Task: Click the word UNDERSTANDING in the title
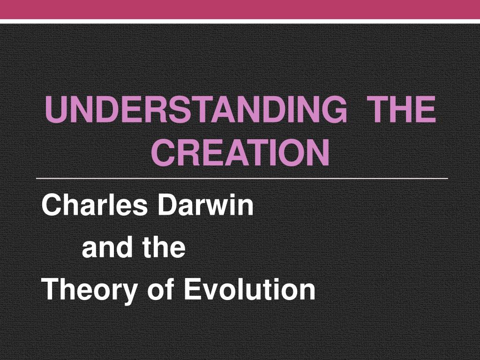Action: (196, 109)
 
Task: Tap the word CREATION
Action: (240, 152)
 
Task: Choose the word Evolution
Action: (249, 290)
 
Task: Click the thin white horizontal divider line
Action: (242, 178)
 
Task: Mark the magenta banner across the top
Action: (240, 9)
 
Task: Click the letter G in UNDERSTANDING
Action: (336, 109)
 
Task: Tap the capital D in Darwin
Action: (168, 205)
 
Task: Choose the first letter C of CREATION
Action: (163, 152)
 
